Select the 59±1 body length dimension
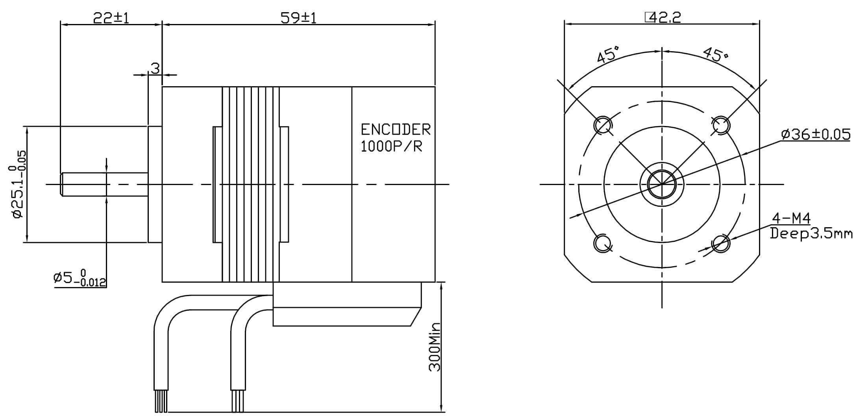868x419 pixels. [x=298, y=17]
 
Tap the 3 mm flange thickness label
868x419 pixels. [x=155, y=69]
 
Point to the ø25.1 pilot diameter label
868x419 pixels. [x=18, y=184]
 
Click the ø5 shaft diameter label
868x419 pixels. [x=80, y=278]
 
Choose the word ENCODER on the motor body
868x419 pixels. [x=396, y=129]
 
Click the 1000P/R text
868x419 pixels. [x=392, y=146]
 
